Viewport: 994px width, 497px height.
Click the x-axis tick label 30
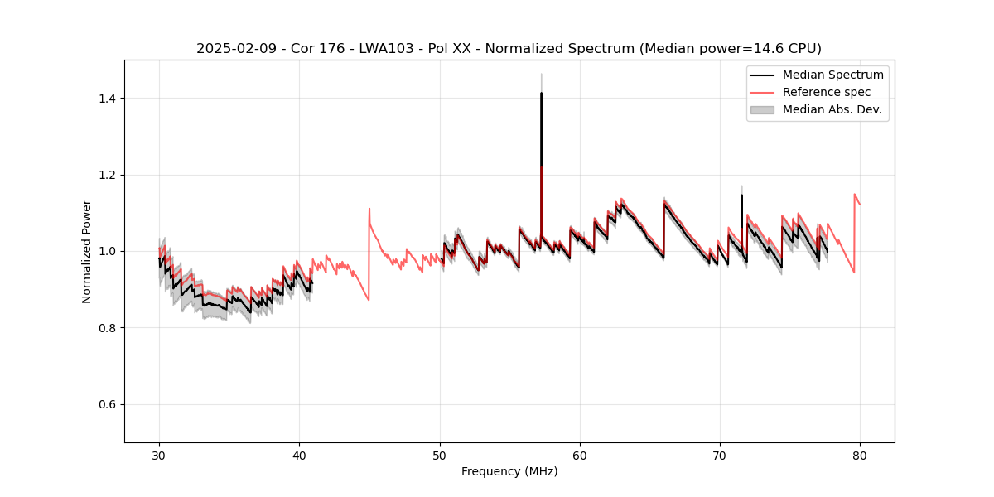pyautogui.click(x=159, y=456)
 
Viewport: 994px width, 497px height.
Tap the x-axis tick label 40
pyautogui.click(x=299, y=456)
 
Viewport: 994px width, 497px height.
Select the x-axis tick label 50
pyautogui.click(x=439, y=456)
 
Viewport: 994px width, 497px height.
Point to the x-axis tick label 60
pyautogui.click(x=580, y=456)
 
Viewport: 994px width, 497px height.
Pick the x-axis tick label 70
pyautogui.click(x=720, y=456)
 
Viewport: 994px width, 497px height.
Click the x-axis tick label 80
pyautogui.click(x=860, y=456)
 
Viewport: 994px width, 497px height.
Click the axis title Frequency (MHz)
pyautogui.click(x=509, y=471)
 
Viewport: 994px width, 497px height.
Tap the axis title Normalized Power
pyautogui.click(x=87, y=251)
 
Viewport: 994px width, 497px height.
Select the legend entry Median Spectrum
pyautogui.click(x=832, y=75)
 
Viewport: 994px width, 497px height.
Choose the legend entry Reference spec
pyautogui.click(x=827, y=92)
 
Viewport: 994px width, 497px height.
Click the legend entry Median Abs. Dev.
pyautogui.click(x=832, y=109)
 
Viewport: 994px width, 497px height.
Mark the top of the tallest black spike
pyautogui.click(x=541, y=93)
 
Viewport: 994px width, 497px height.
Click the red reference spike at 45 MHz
pyautogui.click(x=369, y=209)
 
